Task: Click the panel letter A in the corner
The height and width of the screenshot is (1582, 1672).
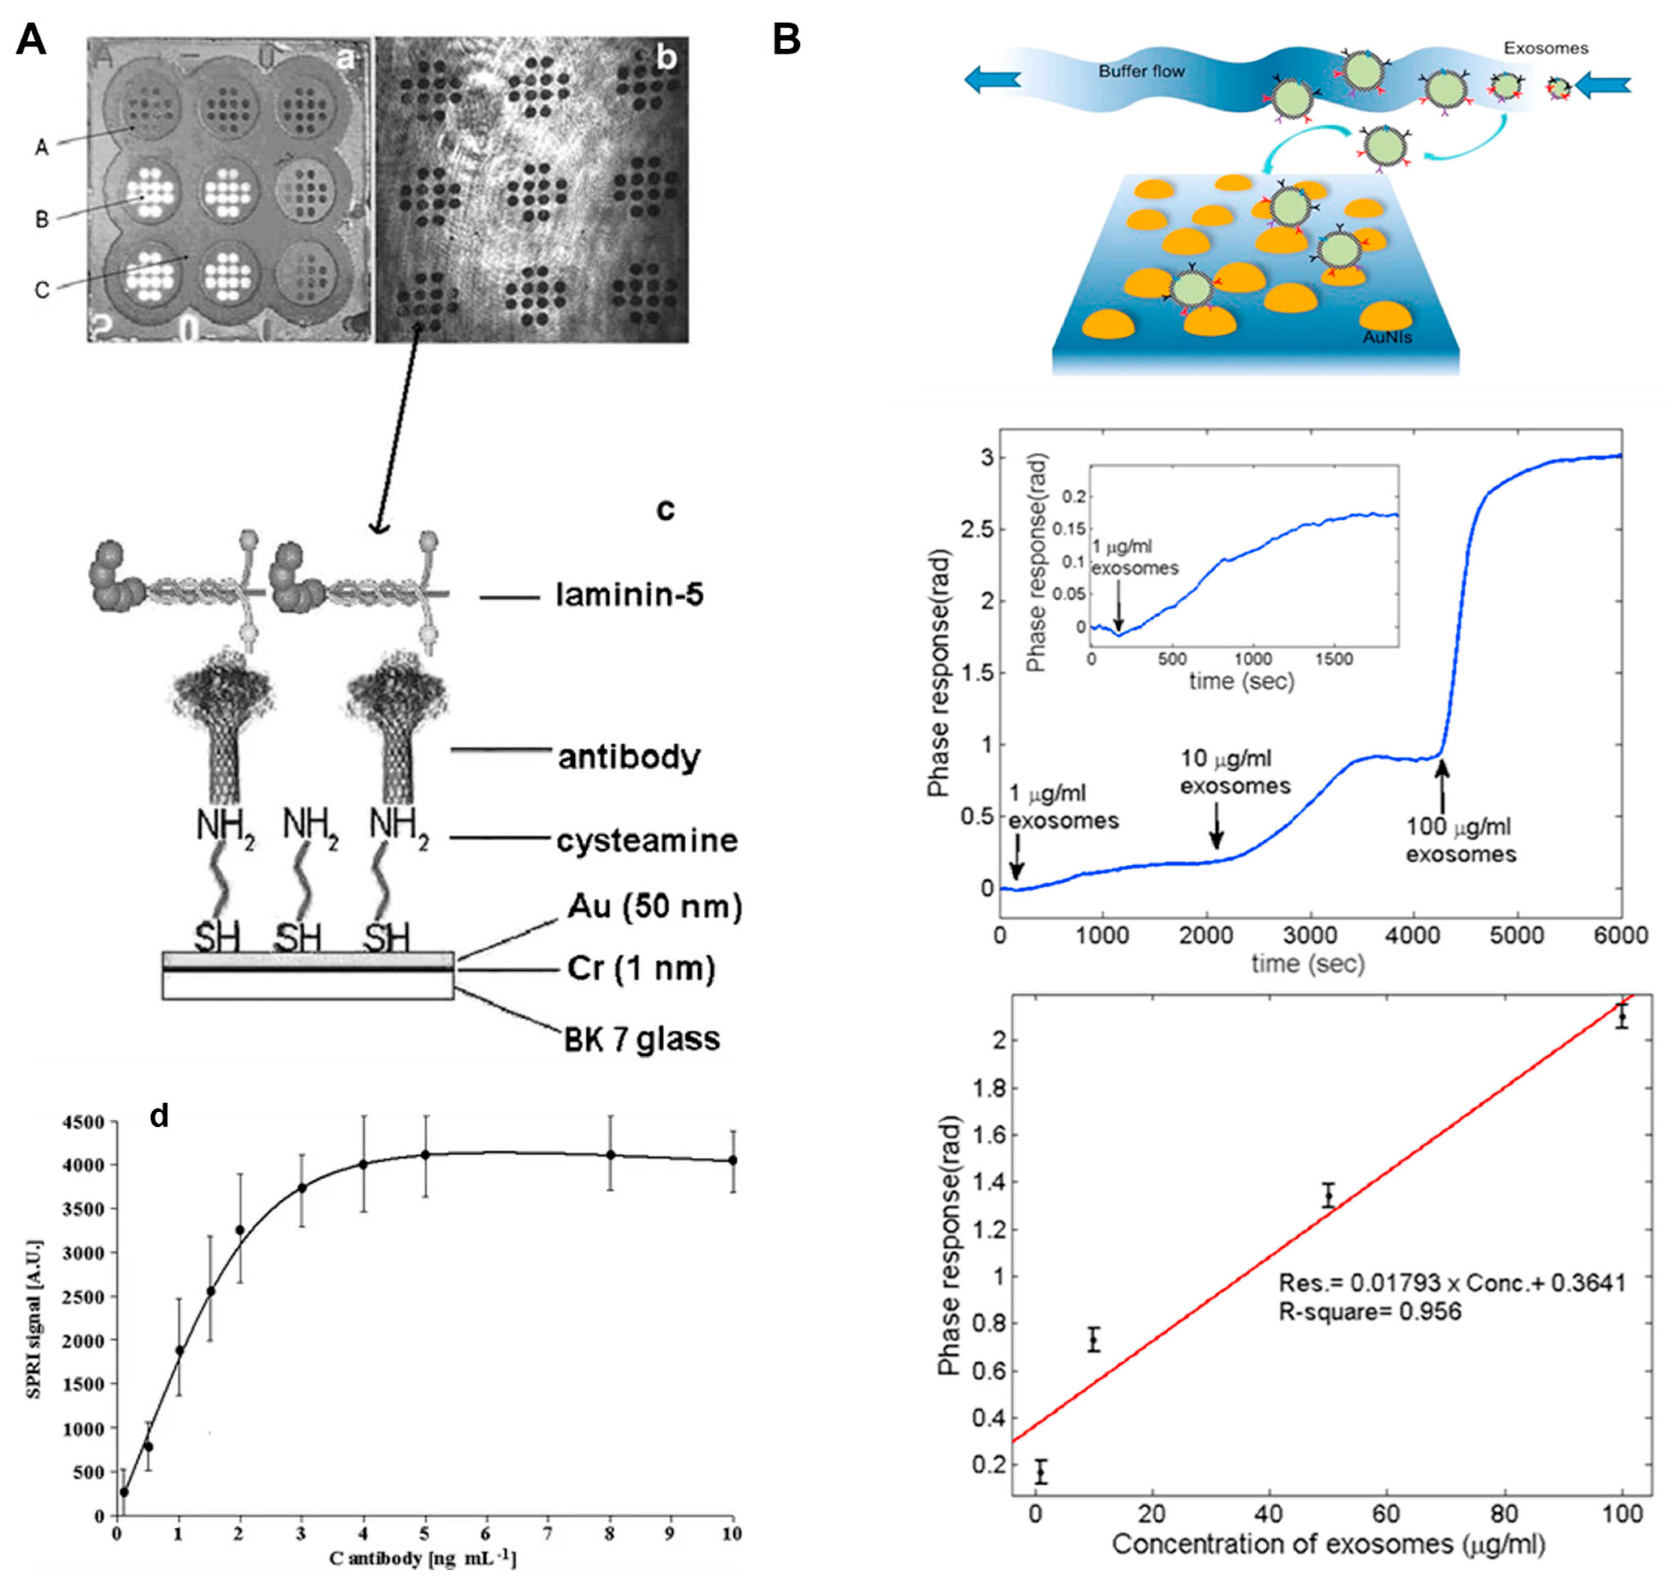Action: point(31,40)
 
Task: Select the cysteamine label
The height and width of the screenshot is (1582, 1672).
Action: point(647,841)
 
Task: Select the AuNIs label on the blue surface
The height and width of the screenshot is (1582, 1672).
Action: point(1387,337)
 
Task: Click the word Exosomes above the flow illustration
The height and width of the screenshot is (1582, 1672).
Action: point(1545,48)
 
